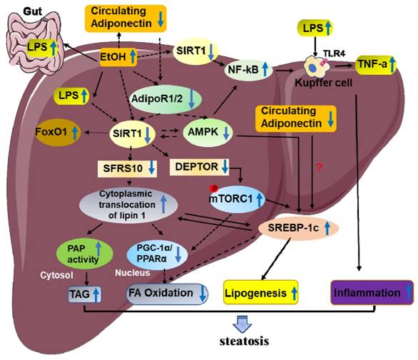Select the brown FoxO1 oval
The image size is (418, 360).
[45, 133]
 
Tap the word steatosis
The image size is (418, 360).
[244, 341]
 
